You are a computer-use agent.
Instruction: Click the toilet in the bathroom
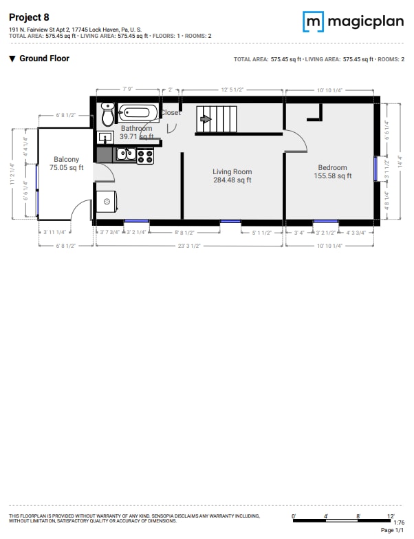(x=108, y=114)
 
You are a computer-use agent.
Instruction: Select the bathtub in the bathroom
(x=140, y=113)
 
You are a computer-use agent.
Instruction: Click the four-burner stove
(x=145, y=156)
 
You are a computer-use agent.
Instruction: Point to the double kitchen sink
(x=125, y=154)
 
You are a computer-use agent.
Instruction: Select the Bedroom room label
(x=332, y=168)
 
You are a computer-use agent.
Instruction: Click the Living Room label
(x=232, y=172)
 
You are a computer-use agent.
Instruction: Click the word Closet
(x=171, y=113)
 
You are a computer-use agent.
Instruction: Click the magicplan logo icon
(x=313, y=21)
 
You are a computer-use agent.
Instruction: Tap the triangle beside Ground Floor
(x=12, y=59)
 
